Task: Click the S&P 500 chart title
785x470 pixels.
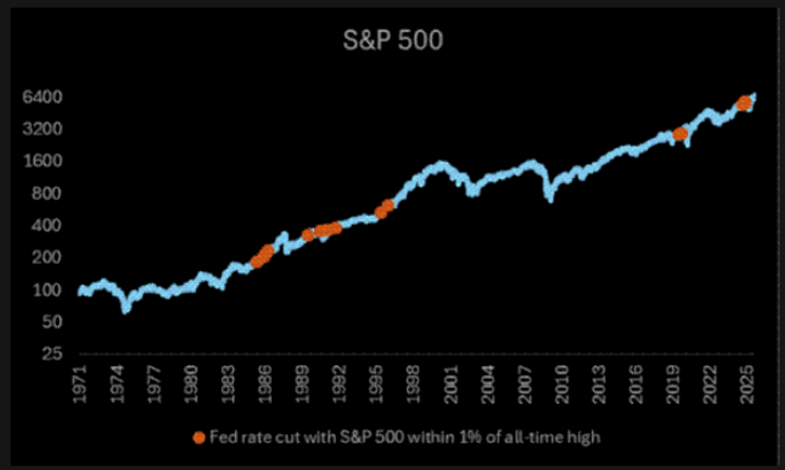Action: (393, 40)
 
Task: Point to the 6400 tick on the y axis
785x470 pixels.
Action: (42, 97)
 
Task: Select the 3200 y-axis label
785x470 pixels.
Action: (42, 129)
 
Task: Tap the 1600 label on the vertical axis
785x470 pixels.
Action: (42, 161)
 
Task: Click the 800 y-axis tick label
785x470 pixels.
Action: (47, 193)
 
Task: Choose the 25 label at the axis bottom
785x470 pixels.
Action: (52, 353)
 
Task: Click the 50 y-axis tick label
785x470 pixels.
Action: (52, 322)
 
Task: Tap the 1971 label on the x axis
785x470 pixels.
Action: (80, 384)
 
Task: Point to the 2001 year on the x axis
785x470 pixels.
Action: (451, 384)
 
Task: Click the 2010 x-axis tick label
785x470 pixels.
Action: (562, 384)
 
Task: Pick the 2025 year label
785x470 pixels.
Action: (747, 384)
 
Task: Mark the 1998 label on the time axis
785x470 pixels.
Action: (414, 384)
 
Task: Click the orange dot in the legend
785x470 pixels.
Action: (199, 438)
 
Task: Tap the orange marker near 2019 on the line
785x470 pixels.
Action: (680, 134)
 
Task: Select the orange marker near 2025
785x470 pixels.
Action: (744, 103)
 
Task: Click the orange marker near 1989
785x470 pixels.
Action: (308, 235)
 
